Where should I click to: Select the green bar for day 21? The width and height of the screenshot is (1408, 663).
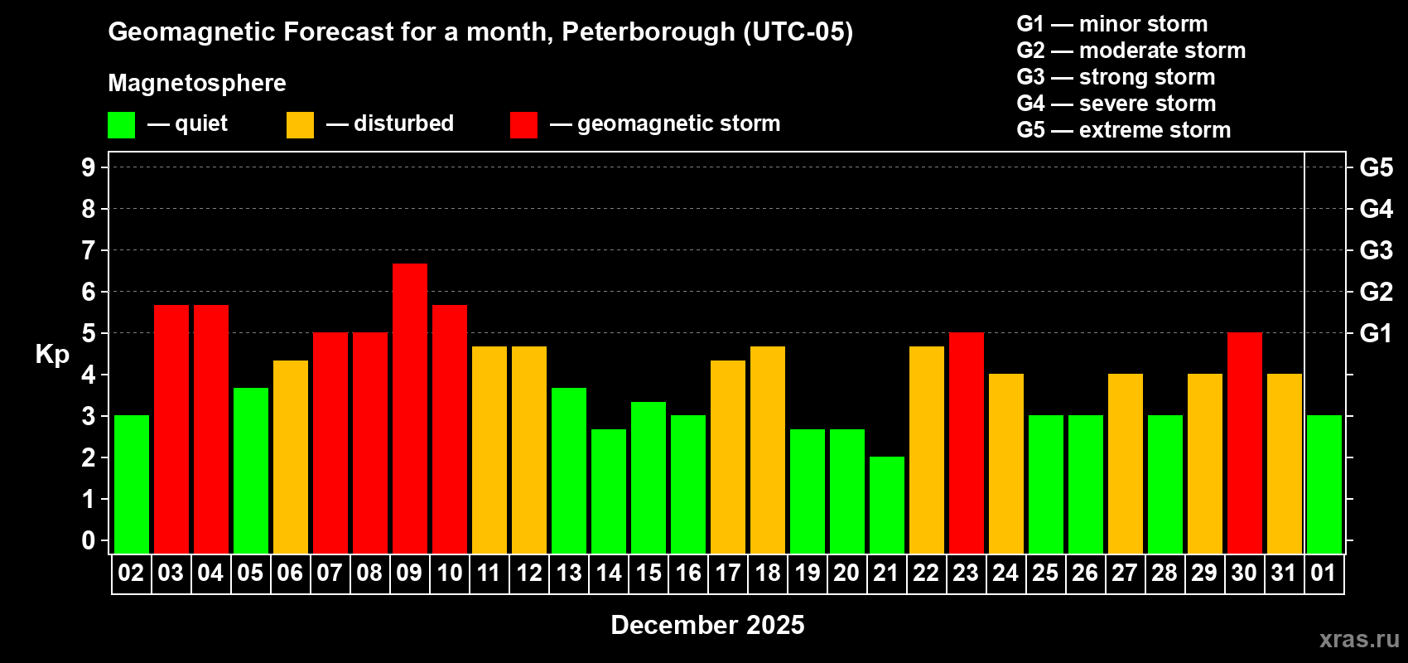[887, 505]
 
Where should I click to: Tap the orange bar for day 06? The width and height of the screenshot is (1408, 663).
[291, 457]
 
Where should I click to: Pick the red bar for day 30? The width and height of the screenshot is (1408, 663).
[1245, 443]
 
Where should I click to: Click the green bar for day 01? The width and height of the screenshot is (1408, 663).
[1324, 484]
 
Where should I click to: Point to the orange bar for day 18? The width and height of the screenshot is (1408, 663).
[768, 449]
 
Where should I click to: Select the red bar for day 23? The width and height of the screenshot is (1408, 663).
[967, 443]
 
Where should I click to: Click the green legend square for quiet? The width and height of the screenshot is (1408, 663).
[121, 125]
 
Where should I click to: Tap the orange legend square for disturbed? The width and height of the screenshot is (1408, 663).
[300, 125]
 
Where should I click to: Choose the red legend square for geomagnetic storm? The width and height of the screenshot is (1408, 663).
[523, 125]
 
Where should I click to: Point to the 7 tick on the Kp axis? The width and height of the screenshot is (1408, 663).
[89, 250]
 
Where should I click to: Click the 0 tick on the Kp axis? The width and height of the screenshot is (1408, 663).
[89, 541]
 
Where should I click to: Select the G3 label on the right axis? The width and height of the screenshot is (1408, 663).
[1376, 250]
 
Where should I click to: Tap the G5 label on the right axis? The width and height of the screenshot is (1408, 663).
[1376, 167]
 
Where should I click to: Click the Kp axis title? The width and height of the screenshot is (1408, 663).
[52, 355]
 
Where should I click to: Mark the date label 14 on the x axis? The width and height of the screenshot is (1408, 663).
[609, 573]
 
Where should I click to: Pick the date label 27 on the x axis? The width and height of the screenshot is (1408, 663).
[1124, 573]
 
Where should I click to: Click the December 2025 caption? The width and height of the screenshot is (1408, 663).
[707, 625]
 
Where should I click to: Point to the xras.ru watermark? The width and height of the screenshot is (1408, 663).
[1359, 639]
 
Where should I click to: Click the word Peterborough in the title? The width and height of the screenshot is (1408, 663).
[648, 32]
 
